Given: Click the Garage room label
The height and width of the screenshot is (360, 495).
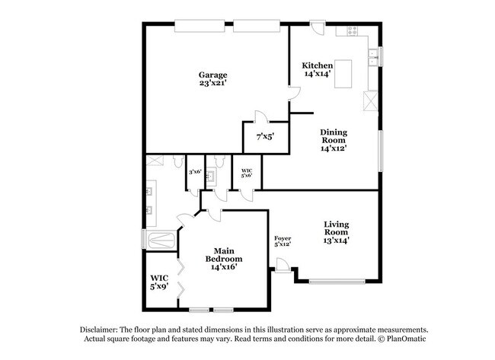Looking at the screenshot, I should (x=213, y=75).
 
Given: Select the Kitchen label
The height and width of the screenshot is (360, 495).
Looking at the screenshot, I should (x=317, y=65).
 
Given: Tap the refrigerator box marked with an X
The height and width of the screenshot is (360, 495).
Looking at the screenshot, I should (x=371, y=100).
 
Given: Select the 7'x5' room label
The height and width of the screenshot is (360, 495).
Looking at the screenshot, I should (x=264, y=136).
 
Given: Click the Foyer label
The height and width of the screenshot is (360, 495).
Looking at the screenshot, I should (x=283, y=239).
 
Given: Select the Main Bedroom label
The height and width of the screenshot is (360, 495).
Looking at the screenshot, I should (x=224, y=257).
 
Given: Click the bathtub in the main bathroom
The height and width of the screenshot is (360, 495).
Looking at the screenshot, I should (x=161, y=242).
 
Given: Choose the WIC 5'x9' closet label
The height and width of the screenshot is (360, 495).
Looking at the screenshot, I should (x=159, y=282).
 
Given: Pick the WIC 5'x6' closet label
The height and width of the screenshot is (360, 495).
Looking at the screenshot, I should (x=247, y=173).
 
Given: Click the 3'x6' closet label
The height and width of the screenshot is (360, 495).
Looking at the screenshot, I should (x=195, y=172).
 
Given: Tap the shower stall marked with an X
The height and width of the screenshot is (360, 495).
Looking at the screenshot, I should (x=155, y=160).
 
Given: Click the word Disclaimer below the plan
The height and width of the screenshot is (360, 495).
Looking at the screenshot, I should (x=101, y=327).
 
